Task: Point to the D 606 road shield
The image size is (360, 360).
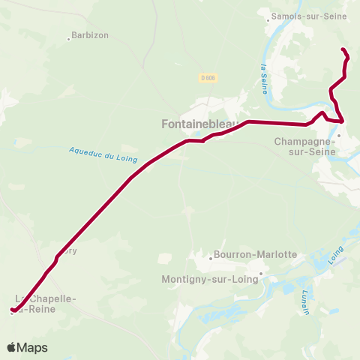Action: [x=208, y=76]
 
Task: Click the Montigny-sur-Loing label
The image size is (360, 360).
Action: [x=209, y=279]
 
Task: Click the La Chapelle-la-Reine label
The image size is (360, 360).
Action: [x=46, y=303]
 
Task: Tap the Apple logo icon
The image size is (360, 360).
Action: [x=11, y=347]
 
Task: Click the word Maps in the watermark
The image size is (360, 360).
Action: [x=32, y=347]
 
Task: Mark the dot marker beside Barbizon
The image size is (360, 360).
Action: [x=69, y=38]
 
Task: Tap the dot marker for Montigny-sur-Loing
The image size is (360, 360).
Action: [x=260, y=274]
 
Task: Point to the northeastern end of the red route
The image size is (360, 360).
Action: [x=343, y=49]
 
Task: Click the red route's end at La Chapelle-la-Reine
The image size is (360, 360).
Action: [x=12, y=310]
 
